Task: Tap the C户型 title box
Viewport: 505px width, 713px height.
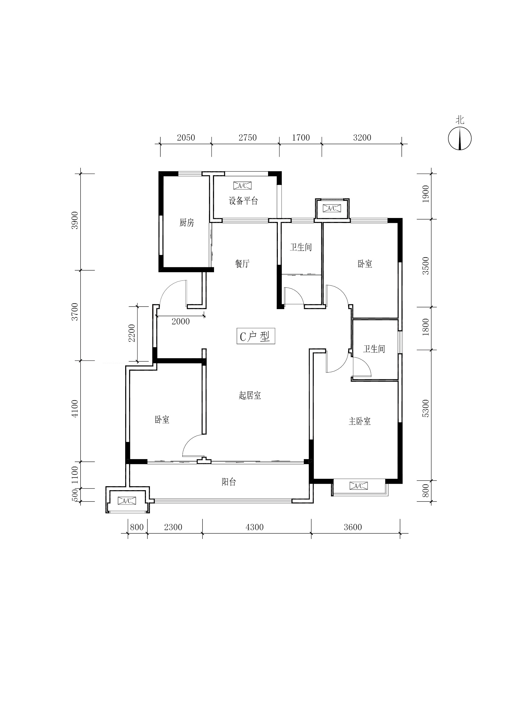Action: point(256,336)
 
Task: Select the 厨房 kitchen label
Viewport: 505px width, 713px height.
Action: point(187,223)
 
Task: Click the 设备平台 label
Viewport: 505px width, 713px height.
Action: point(243,201)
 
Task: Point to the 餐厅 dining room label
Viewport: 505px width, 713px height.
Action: point(242,264)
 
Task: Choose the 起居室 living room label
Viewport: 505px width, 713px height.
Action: point(250,395)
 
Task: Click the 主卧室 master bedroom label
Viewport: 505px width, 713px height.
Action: point(359,421)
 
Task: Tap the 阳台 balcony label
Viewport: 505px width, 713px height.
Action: point(229,482)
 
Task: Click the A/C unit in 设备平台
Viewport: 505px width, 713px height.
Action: point(242,186)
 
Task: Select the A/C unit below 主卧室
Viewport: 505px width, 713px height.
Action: point(359,486)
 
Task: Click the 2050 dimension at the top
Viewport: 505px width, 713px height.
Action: point(186,137)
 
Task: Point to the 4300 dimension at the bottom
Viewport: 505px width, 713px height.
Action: point(254,527)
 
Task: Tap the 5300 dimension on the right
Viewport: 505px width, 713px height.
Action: point(425,408)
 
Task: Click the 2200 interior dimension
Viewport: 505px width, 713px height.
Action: point(132,333)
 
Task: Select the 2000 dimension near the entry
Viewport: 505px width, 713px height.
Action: point(181,321)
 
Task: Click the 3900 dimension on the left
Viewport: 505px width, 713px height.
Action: point(74,220)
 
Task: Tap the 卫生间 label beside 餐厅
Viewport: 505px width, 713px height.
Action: point(301,247)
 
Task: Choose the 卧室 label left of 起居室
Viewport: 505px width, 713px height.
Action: point(162,420)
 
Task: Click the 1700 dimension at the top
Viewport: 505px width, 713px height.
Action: point(301,137)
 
